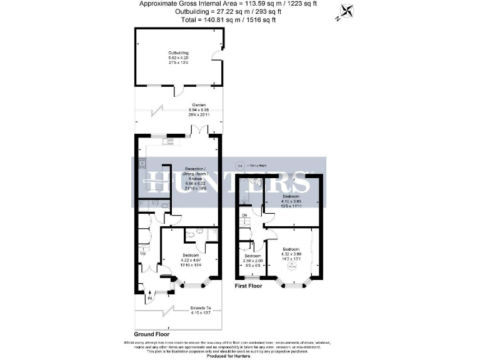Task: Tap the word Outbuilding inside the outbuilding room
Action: coord(178,53)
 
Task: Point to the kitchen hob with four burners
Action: coord(142,164)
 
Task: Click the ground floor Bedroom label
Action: coord(191,256)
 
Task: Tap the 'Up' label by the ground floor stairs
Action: coord(142,254)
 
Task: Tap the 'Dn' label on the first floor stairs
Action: coord(245,216)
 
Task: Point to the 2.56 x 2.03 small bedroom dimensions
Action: coord(252,261)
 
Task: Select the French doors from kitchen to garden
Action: coord(199,131)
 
